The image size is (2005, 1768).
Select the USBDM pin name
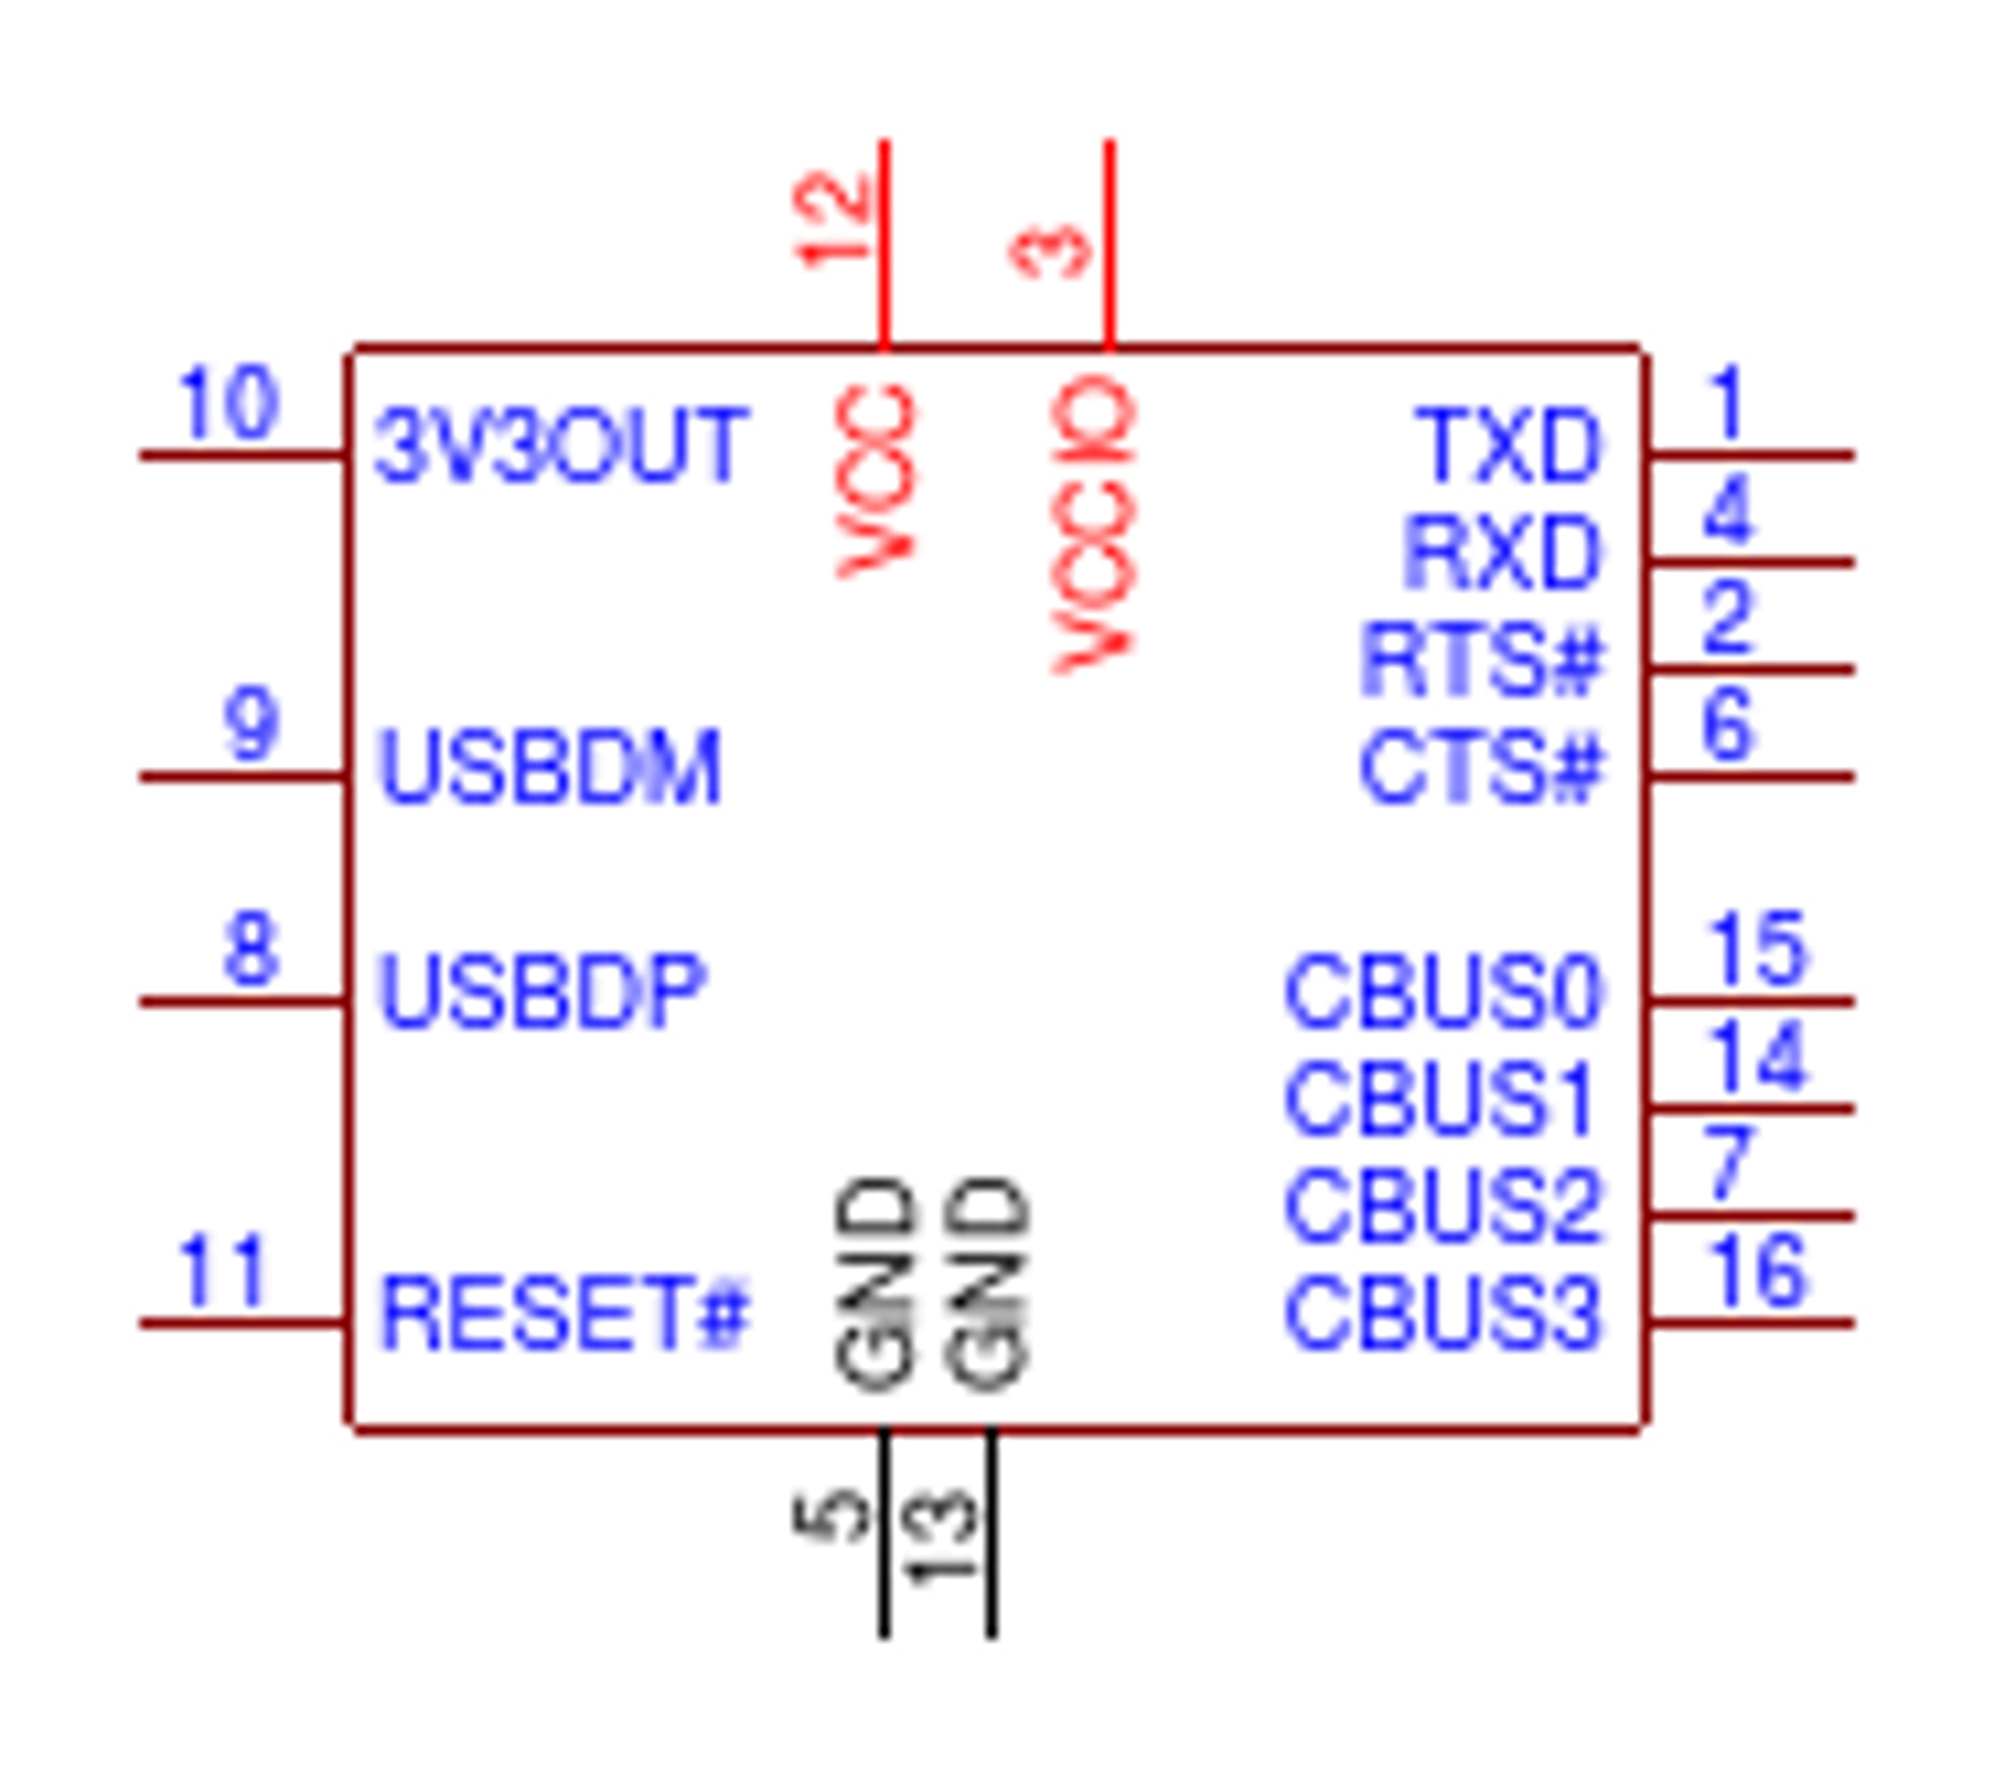click(549, 768)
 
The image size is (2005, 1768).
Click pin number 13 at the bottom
click(940, 1537)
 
